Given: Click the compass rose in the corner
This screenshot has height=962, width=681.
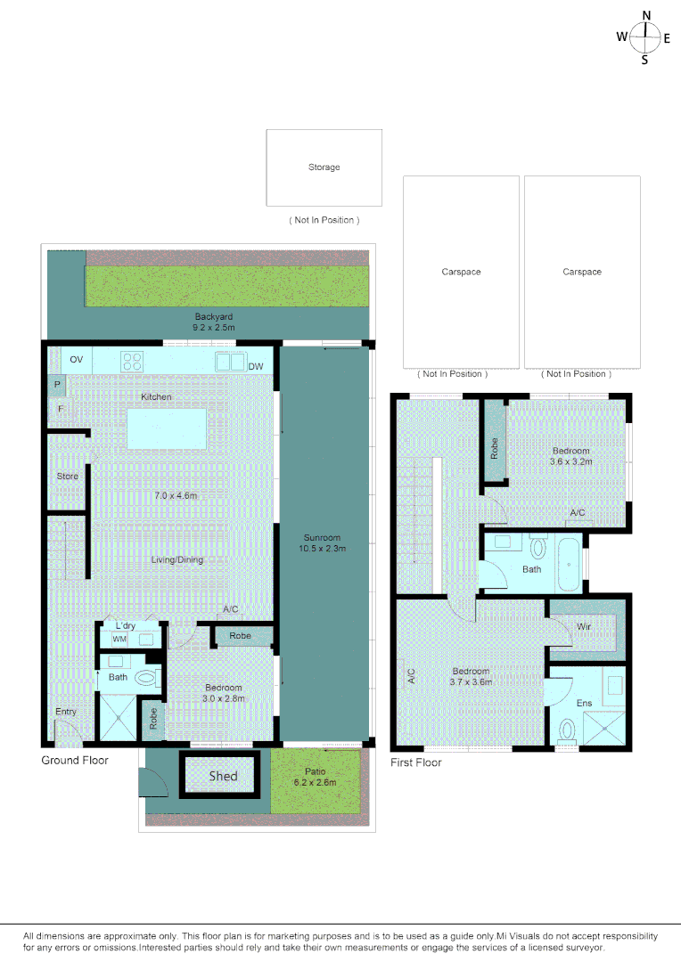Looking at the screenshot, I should (x=645, y=37).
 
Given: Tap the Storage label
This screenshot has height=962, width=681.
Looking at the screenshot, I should (x=324, y=167).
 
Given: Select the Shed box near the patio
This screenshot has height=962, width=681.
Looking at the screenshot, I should (x=223, y=776).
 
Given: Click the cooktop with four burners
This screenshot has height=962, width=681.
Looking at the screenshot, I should (x=133, y=361).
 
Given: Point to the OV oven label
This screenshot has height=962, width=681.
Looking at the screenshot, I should (x=77, y=360).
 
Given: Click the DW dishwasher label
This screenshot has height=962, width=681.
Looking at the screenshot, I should (x=256, y=366).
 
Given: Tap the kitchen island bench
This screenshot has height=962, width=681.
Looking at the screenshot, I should (x=167, y=428).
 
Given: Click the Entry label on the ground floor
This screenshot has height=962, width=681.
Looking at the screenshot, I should (x=66, y=712).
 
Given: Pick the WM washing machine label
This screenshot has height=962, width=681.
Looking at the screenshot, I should (x=119, y=640).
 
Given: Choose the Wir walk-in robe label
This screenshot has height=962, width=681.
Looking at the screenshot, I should (x=584, y=627).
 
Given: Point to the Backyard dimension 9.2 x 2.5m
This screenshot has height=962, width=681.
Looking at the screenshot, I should (x=214, y=327).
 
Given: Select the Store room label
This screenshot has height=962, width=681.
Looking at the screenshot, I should (x=68, y=477).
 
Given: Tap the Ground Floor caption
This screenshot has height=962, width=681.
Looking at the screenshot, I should (x=75, y=760).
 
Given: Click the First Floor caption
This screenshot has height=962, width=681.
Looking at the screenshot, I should (x=416, y=762).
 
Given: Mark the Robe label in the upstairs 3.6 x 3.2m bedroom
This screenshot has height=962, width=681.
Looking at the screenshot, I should (x=494, y=447).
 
